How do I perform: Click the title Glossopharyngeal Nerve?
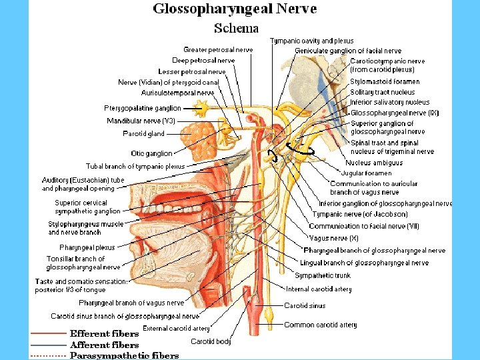[x=235, y=9]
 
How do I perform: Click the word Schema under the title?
[x=236, y=28]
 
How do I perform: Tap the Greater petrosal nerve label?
[x=218, y=49]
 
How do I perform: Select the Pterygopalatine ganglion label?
[x=142, y=108]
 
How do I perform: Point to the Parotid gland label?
[x=143, y=133]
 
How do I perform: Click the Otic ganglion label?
[x=151, y=153]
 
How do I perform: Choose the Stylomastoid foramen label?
[x=385, y=82]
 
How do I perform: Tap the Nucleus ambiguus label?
[x=374, y=163]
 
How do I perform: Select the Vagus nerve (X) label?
[x=334, y=238]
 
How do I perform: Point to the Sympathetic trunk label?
[x=323, y=275]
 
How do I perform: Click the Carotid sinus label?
[x=305, y=305]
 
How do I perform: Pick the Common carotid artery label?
[x=321, y=325]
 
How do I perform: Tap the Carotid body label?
[x=211, y=341]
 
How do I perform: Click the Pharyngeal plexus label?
[x=87, y=247]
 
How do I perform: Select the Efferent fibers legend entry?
[x=105, y=333]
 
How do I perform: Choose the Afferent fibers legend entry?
[x=105, y=345]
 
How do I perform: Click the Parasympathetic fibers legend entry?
[x=125, y=355]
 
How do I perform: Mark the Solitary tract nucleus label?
[x=383, y=92]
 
